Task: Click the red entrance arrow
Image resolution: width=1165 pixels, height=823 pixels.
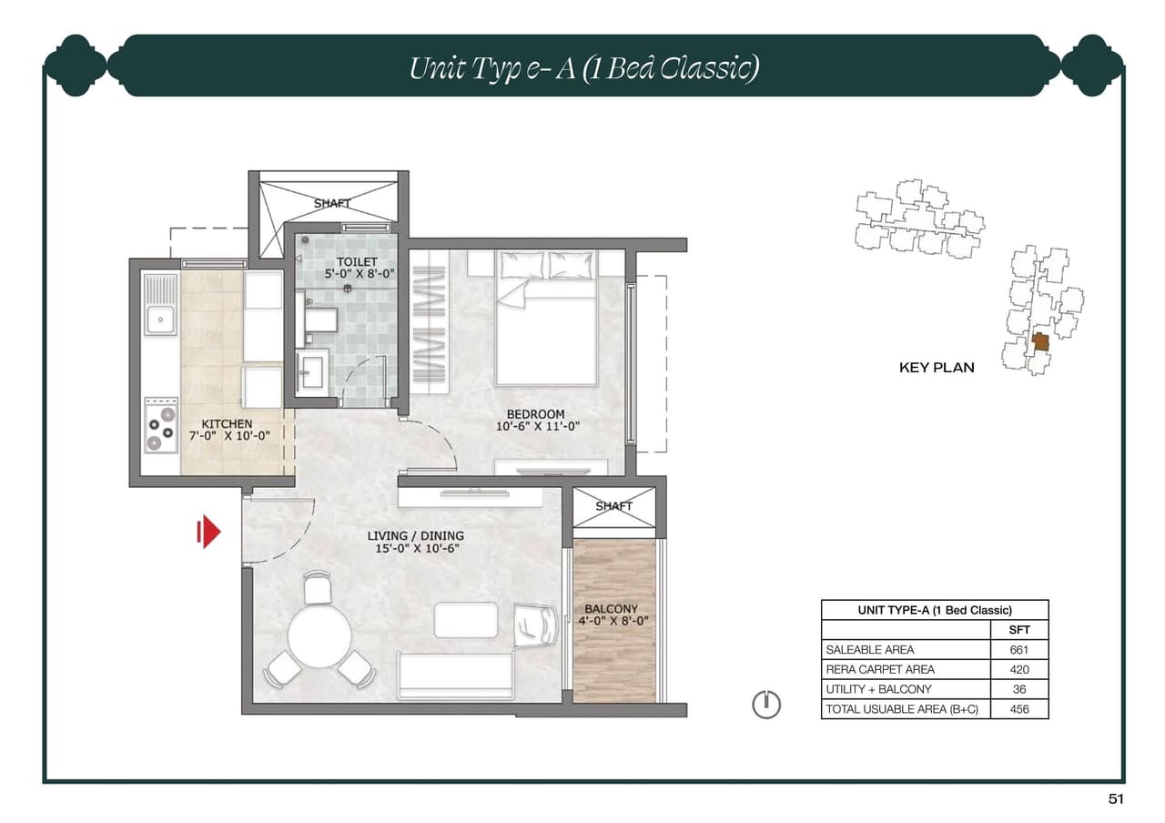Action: coord(209,532)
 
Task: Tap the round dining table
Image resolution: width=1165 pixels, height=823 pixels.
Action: coord(319,636)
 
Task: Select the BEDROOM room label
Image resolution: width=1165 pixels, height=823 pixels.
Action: coord(536,414)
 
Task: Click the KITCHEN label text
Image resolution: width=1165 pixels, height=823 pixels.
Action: coord(227,424)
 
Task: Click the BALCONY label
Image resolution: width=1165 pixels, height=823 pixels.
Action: coord(611,609)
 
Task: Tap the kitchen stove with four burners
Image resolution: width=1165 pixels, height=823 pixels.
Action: coord(161,424)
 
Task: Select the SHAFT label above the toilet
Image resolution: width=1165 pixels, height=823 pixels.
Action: coord(331,203)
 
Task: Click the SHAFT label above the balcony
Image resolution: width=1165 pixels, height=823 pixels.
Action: coord(613,506)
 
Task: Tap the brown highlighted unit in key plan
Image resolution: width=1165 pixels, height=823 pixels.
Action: coord(1040,342)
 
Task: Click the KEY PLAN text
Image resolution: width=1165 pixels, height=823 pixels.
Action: coord(937,368)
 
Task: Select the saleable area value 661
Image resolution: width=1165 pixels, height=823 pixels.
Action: coord(1019,650)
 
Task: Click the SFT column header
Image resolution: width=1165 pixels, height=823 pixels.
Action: coord(1019,630)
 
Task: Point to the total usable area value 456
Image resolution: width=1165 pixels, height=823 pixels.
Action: coord(1019,709)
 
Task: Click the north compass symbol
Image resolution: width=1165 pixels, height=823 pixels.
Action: coord(766,704)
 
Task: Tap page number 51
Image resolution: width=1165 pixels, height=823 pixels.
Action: coord(1116,799)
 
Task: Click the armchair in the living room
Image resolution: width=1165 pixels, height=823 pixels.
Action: coord(537,625)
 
